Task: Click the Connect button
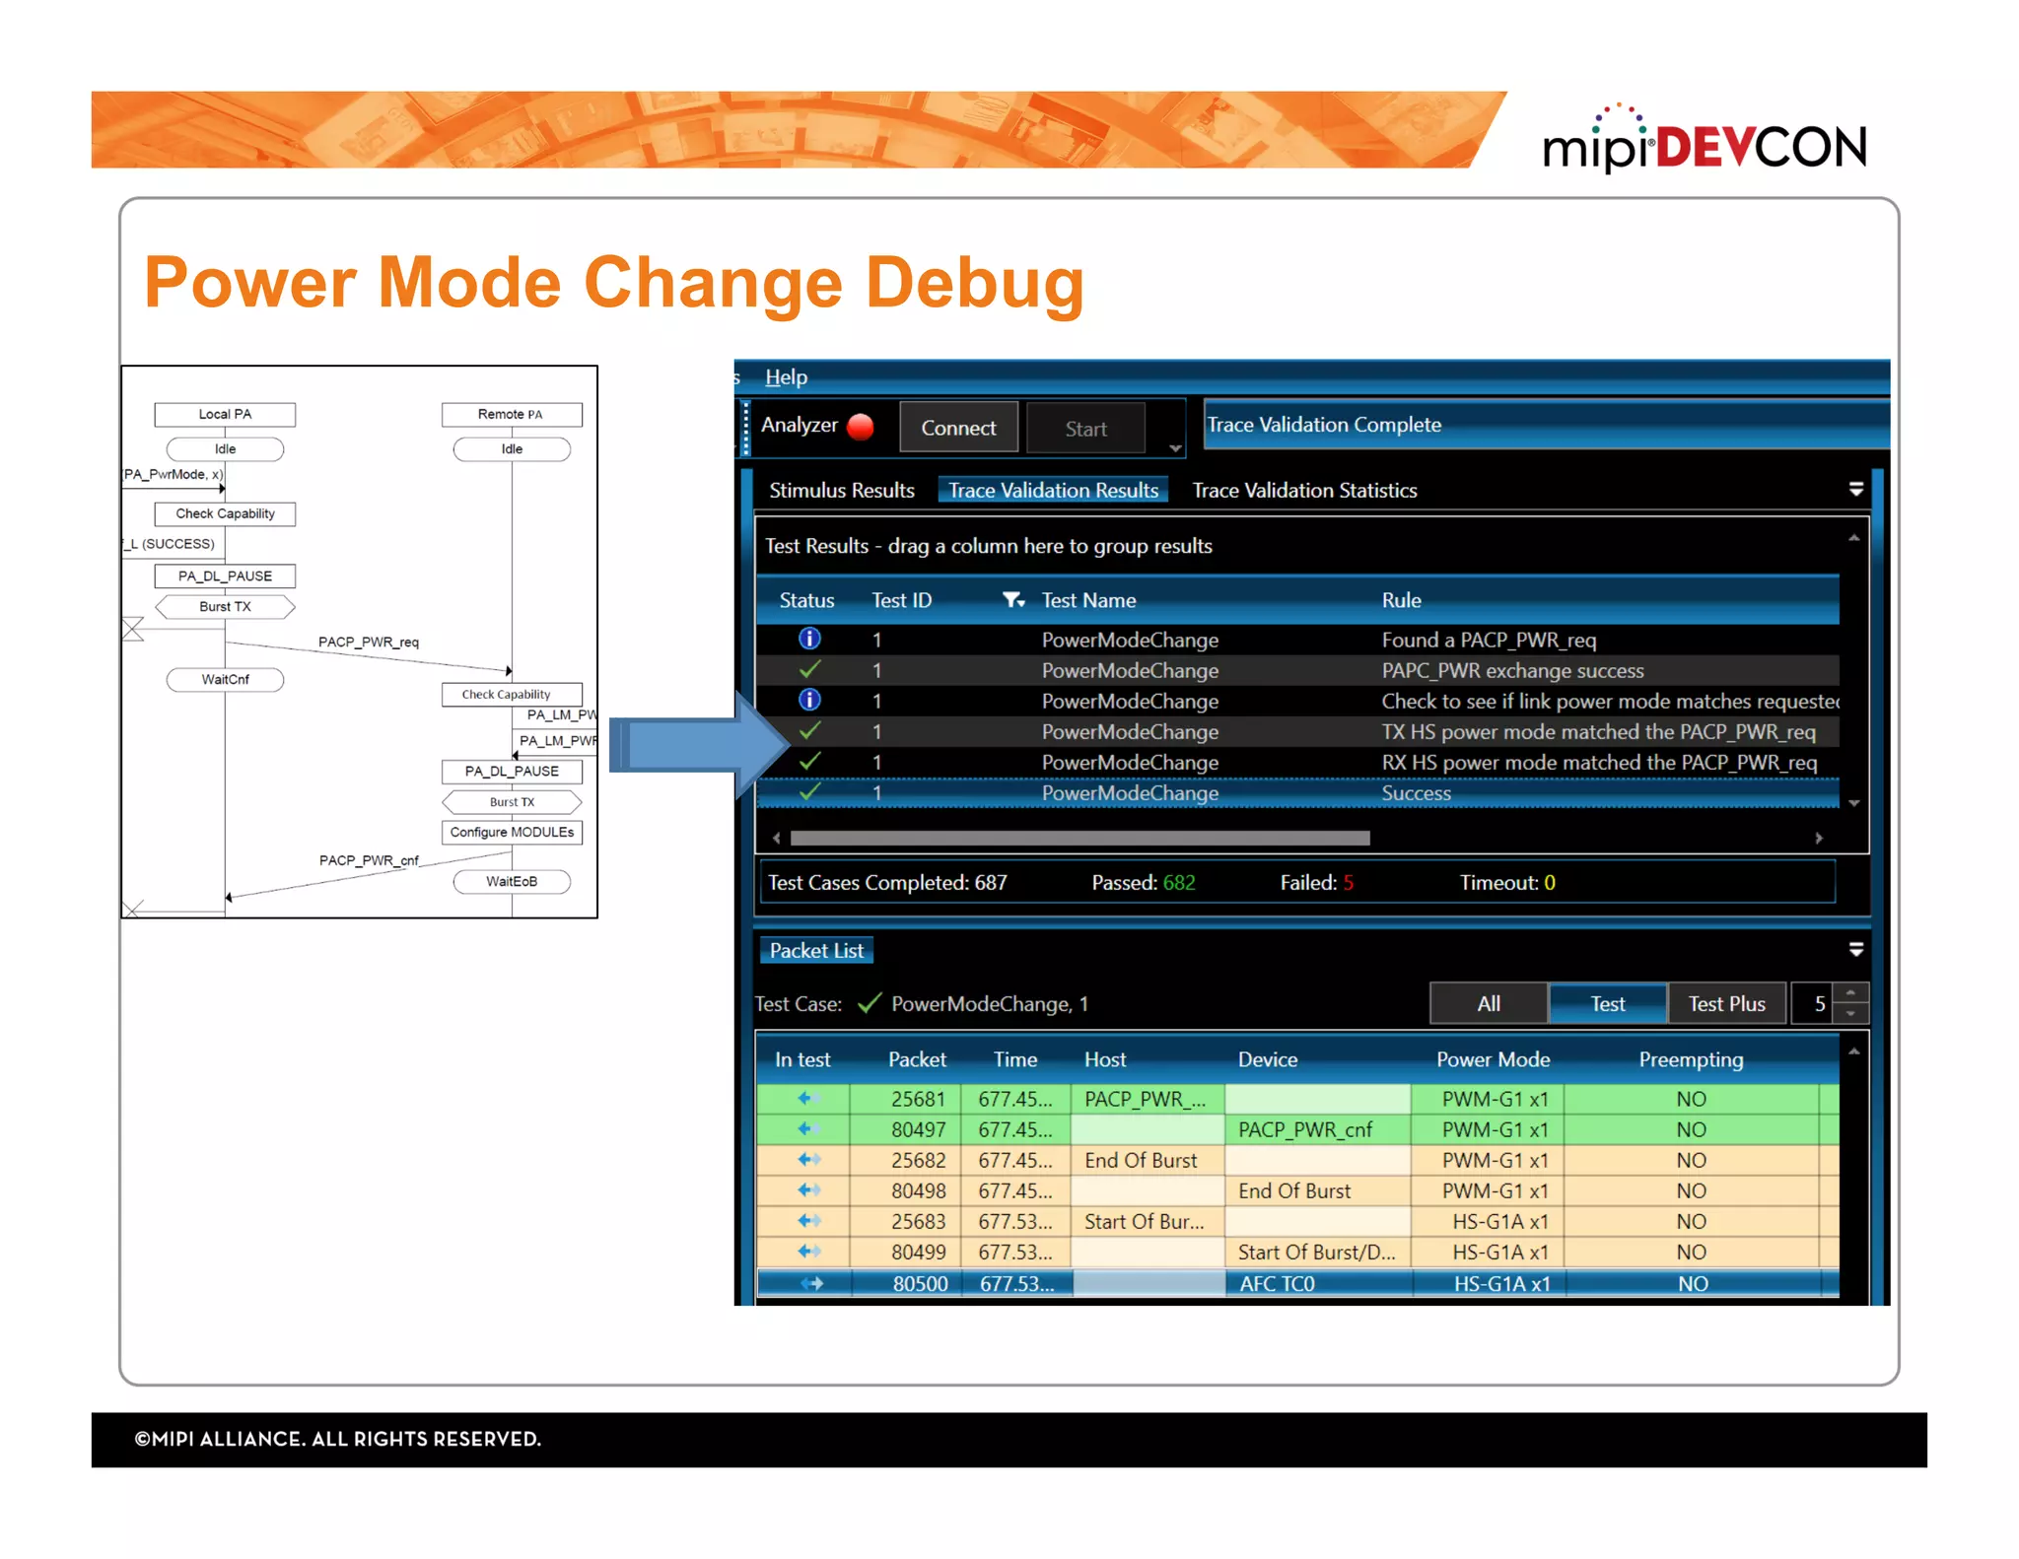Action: click(957, 428)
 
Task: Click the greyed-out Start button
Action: click(1085, 429)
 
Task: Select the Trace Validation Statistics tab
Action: click(1303, 490)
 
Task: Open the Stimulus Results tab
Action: click(841, 490)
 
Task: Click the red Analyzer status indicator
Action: click(861, 426)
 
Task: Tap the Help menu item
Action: click(786, 376)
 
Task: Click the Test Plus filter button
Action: click(1725, 1003)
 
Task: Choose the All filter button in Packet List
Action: click(1488, 1003)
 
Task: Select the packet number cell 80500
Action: click(919, 1283)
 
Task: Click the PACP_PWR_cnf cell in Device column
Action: click(1304, 1129)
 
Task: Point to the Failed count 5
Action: click(1348, 882)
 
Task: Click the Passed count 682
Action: click(1178, 882)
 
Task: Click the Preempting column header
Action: click(1690, 1059)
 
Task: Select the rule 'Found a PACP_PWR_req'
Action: click(1488, 640)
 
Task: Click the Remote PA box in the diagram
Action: click(511, 414)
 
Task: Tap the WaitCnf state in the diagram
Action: click(225, 679)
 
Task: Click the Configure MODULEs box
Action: click(511, 832)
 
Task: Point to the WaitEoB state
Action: click(511, 881)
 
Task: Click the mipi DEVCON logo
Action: click(1704, 144)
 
